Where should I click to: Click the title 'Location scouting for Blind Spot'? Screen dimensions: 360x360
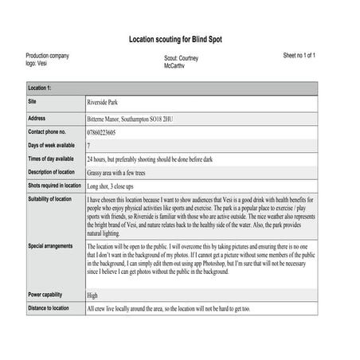pos(179,39)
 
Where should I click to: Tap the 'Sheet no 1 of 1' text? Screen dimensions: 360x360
pos(299,56)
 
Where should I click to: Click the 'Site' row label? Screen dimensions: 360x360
pos(33,103)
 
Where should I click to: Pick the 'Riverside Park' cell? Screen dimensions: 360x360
pos(107,103)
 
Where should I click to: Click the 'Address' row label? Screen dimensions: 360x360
pos(38,117)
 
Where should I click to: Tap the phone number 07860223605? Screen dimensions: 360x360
pos(108,131)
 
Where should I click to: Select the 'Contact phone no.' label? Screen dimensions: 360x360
pos(52,131)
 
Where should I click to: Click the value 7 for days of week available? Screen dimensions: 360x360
pos(88,146)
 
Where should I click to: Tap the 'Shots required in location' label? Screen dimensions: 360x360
pos(54,186)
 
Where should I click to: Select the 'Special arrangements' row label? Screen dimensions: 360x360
pos(51,245)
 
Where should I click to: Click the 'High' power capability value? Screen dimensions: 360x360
pos(92,295)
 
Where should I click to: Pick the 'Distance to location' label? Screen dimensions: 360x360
pos(50,307)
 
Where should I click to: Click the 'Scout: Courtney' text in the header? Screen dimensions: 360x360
pos(182,58)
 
